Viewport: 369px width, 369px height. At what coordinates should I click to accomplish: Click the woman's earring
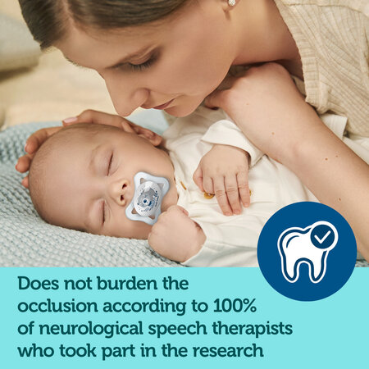coord(231,2)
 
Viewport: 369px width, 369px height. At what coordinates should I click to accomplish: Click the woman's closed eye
coord(141,64)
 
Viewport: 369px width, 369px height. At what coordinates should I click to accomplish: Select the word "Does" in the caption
coord(39,284)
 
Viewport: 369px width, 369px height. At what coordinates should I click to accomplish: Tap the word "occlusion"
coord(57,306)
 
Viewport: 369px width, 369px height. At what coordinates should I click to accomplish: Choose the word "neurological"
coord(91,329)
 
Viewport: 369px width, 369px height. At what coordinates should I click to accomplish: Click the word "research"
coord(228,351)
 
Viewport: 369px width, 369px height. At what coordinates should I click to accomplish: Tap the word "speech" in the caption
coord(178,329)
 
